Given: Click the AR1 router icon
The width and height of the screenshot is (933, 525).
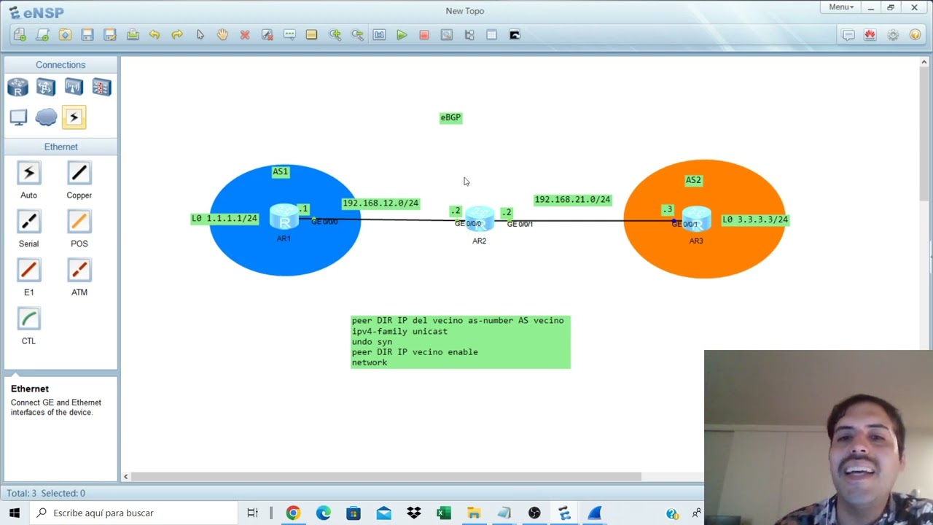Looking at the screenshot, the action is click(x=284, y=217).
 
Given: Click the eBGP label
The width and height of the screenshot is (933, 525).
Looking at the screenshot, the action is click(x=450, y=118).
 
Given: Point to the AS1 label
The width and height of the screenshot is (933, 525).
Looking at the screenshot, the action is click(x=281, y=171).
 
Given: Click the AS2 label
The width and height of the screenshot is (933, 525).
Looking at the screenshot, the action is click(x=693, y=180).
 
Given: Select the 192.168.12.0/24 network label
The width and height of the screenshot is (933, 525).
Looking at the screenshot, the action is click(x=380, y=203).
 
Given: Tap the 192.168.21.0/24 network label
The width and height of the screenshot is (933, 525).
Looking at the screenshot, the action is click(x=573, y=200).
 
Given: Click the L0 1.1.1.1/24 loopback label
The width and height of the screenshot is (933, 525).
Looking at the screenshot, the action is click(x=225, y=219).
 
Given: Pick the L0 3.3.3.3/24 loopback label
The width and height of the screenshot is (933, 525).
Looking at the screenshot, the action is click(x=755, y=219).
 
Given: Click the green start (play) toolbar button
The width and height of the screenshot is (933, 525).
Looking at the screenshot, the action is click(x=402, y=35).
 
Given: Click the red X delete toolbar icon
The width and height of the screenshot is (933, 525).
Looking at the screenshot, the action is click(x=245, y=35).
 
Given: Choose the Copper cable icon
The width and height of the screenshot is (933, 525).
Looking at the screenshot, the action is click(x=79, y=173).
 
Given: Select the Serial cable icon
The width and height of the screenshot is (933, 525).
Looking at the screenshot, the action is click(x=28, y=221).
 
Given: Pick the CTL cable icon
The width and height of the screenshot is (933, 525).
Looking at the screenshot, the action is click(x=28, y=319).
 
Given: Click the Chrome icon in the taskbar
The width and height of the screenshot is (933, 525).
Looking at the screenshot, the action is click(x=293, y=513).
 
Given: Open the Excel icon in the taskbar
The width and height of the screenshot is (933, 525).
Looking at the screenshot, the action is click(x=444, y=513).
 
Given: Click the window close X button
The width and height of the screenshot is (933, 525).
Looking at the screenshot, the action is click(x=914, y=7).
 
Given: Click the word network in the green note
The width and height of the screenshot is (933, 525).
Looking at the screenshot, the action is click(x=370, y=362).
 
